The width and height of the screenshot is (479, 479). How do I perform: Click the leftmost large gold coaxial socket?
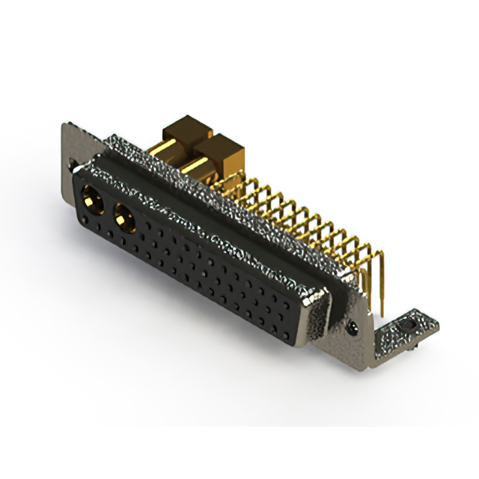tap(94, 200)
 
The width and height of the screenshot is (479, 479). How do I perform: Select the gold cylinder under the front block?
tap(196, 169)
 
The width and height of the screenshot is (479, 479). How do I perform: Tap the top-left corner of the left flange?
tap(64, 125)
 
